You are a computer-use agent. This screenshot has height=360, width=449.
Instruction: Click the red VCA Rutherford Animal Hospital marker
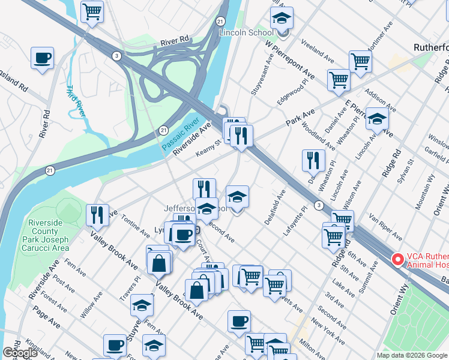click(x=397, y=259)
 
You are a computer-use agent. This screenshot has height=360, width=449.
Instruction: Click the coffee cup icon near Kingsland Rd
click(x=42, y=58)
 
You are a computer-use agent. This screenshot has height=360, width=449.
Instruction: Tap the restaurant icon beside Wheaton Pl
click(x=313, y=160)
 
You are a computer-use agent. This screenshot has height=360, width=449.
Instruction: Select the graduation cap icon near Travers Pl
click(x=142, y=305)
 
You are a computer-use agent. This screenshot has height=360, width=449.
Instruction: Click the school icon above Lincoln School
click(x=281, y=19)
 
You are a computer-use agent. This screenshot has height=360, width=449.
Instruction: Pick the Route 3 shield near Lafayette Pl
click(x=318, y=205)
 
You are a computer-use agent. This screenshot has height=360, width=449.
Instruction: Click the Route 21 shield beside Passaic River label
click(x=163, y=130)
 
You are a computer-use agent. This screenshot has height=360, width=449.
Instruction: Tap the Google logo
click(x=20, y=353)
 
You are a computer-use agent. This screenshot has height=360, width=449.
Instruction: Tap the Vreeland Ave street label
click(x=318, y=52)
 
